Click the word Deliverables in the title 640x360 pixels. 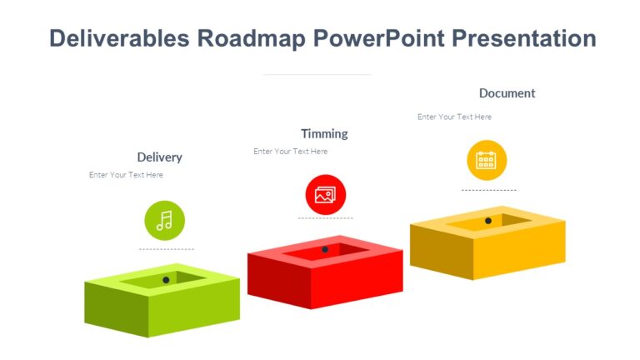119,38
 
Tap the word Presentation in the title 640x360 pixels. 526,38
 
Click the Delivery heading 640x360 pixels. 159,157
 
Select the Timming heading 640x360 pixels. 324,133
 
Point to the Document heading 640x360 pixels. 507,93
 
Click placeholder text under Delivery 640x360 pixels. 126,175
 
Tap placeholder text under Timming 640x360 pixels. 290,152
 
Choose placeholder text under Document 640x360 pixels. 454,117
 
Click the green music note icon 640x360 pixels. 164,220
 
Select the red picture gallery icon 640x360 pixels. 325,195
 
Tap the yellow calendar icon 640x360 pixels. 486,160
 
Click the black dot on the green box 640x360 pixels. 166,280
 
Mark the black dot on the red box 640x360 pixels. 325,249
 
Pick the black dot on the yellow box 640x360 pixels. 488,221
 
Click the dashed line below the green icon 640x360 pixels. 166,249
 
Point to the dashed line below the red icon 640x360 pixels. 325,218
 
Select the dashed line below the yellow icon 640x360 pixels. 488,190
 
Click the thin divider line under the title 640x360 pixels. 317,75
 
